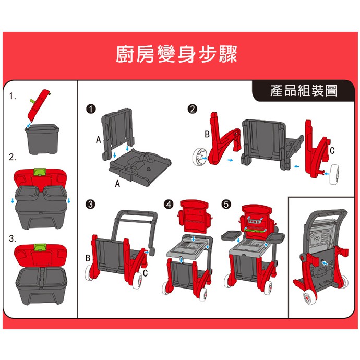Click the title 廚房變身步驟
click(176, 54)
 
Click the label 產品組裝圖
click(304, 91)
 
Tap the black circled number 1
click(91, 109)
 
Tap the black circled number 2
click(193, 109)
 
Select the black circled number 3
click(90, 204)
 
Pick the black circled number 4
click(169, 204)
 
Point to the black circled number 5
click(226, 204)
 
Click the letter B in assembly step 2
click(207, 134)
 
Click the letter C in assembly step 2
click(332, 150)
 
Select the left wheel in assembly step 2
click(199, 157)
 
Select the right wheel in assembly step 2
click(334, 174)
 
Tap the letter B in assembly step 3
click(88, 258)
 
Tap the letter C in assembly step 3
click(145, 273)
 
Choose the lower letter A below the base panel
click(117, 184)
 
